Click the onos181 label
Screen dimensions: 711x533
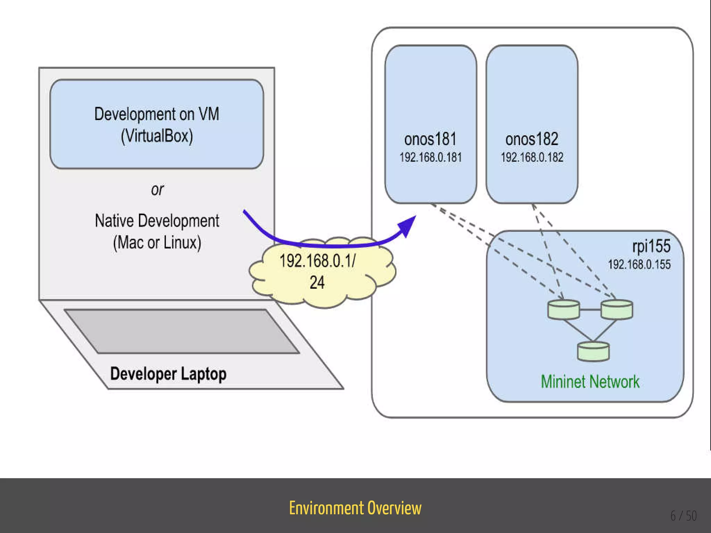click(x=430, y=139)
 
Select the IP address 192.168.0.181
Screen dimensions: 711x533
click(x=430, y=157)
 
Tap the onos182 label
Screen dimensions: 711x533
click(x=532, y=139)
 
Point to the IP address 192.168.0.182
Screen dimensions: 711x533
click(x=532, y=157)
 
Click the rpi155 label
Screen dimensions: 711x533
click(x=651, y=246)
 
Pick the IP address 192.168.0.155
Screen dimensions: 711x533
click(x=639, y=264)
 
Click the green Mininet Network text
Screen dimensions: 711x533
click(x=590, y=382)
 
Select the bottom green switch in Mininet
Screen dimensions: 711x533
click(x=593, y=352)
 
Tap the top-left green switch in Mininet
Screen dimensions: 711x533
click(x=563, y=310)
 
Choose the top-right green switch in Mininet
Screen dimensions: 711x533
click(x=617, y=310)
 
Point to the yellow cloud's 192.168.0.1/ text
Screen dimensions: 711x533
click(x=317, y=261)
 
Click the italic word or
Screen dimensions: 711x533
click(x=157, y=189)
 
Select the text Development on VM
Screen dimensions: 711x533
click(x=157, y=114)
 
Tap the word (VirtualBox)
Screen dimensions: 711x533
click(x=157, y=136)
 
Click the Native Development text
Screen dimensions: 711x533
click(x=157, y=221)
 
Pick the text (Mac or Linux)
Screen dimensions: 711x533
click(x=157, y=243)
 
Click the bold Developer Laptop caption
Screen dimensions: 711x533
click(x=168, y=374)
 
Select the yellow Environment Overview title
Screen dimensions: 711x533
click(x=355, y=508)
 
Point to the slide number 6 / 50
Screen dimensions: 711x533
click(x=684, y=516)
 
